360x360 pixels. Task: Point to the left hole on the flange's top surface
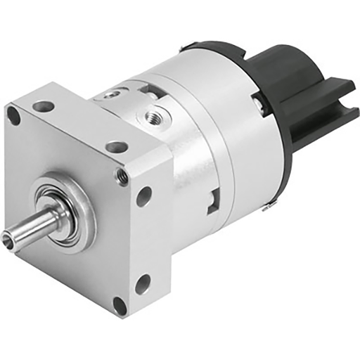coord(44,106)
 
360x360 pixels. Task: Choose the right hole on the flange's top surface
coord(117,147)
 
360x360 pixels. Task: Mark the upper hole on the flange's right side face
coord(143,196)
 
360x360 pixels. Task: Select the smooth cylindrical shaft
coord(39,221)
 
